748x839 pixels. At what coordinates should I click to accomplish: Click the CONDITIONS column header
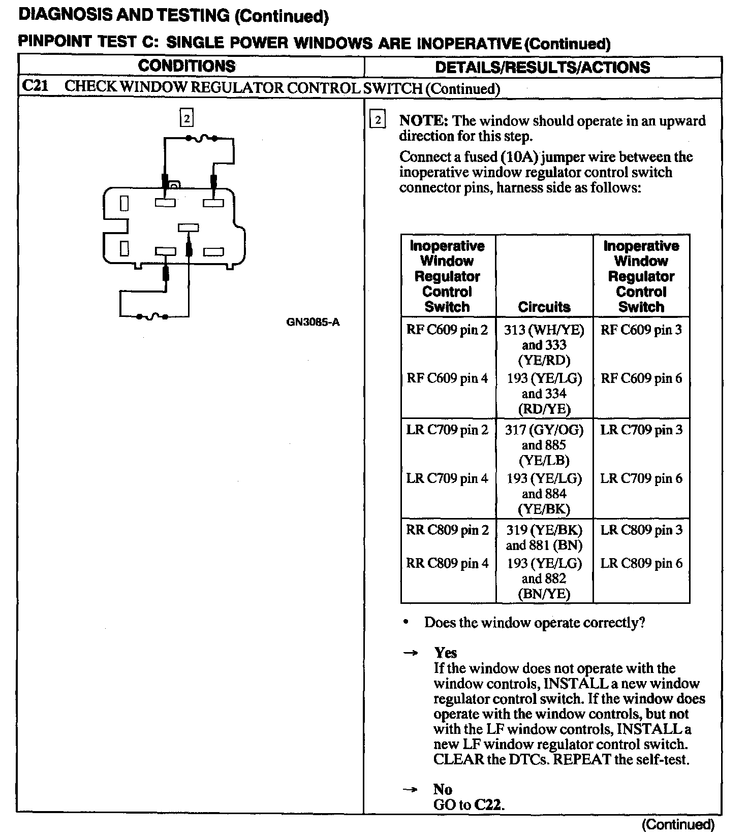coord(186,66)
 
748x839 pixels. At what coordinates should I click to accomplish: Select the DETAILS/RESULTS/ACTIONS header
coord(542,68)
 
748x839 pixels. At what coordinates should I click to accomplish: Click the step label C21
coord(35,86)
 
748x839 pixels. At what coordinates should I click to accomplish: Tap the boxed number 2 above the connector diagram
coord(187,119)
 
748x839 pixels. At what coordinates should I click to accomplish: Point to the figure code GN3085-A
coord(313,322)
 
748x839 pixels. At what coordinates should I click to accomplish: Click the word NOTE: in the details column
coord(423,121)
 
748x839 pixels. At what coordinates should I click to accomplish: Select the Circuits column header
coord(544,307)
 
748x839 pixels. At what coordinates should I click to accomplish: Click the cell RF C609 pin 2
coord(447,330)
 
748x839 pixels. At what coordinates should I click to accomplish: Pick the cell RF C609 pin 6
coord(641,378)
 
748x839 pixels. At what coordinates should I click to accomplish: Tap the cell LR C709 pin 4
coord(447,478)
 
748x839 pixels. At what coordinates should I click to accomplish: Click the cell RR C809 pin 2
coord(447,530)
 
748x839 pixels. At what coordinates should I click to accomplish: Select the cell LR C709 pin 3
coord(641,430)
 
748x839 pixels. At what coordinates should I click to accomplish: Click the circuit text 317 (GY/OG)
coord(544,430)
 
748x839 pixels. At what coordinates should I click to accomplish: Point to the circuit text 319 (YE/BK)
coord(544,530)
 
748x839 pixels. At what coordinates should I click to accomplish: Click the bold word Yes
coord(445,653)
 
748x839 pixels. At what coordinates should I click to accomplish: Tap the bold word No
coord(443,789)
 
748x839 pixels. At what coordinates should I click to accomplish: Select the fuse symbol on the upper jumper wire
coord(202,138)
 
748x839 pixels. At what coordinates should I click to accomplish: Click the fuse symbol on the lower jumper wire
coord(152,316)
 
